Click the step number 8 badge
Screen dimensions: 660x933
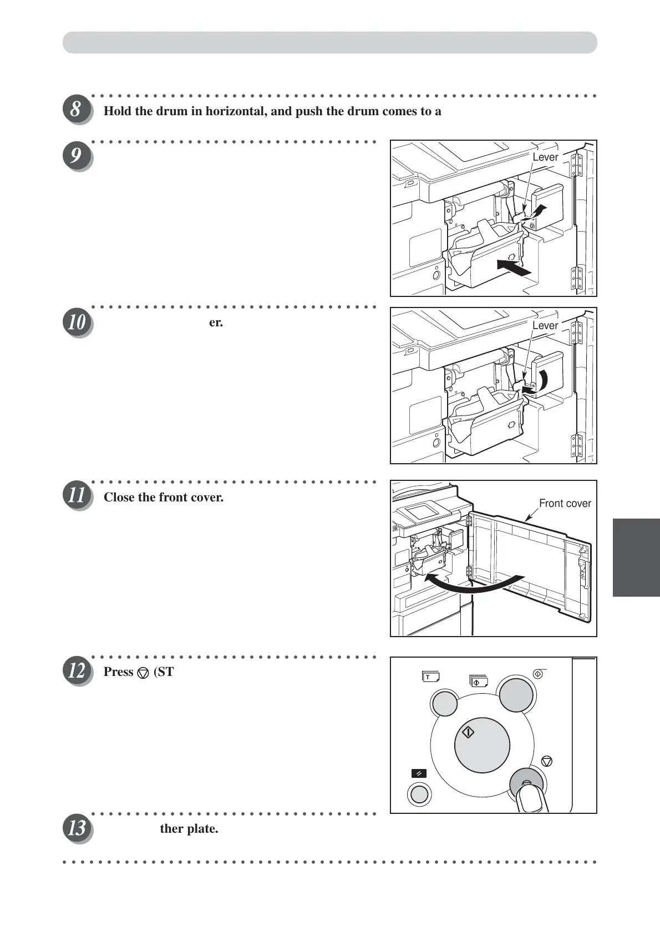pyautogui.click(x=76, y=109)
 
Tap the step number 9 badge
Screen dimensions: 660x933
pyautogui.click(x=76, y=156)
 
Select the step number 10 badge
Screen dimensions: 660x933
pyautogui.click(x=76, y=323)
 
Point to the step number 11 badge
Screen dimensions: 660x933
pyautogui.click(x=76, y=496)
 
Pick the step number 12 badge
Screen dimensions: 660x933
pyautogui.click(x=76, y=671)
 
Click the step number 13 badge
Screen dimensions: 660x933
pyautogui.click(x=76, y=828)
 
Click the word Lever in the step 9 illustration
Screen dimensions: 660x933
pyautogui.click(x=545, y=157)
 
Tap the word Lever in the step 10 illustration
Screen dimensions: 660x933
pyautogui.click(x=545, y=326)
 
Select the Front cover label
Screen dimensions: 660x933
pyautogui.click(x=565, y=504)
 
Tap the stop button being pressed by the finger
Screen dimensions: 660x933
pyautogui.click(x=526, y=783)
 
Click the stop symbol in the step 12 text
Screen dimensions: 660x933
pyautogui.click(x=143, y=673)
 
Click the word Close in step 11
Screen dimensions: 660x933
pyautogui.click(x=119, y=498)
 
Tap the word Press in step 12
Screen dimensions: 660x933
pyautogui.click(x=118, y=672)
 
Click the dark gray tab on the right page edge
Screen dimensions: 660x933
pyautogui.click(x=636, y=557)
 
